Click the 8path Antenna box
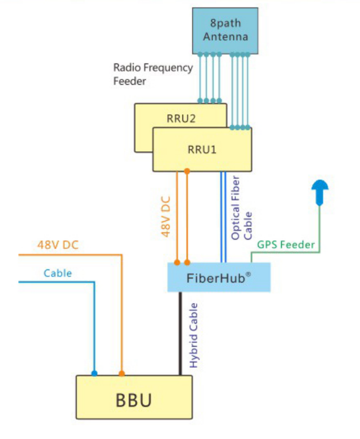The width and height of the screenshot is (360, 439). (x=225, y=30)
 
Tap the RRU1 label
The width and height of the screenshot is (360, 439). (x=202, y=149)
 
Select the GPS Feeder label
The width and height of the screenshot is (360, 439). (x=286, y=244)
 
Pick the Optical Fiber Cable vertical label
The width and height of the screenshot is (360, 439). (x=241, y=209)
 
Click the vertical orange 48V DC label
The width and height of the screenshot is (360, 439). (x=166, y=214)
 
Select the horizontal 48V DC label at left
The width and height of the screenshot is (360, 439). (x=58, y=245)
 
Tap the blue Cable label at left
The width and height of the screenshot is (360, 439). (x=58, y=273)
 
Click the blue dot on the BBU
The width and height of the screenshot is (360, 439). (x=94, y=373)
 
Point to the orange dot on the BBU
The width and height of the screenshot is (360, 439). (x=122, y=373)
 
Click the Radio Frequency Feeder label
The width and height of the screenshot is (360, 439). (x=152, y=74)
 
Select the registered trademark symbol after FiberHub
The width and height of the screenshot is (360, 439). (x=256, y=273)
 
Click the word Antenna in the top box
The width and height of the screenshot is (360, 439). (x=225, y=37)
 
